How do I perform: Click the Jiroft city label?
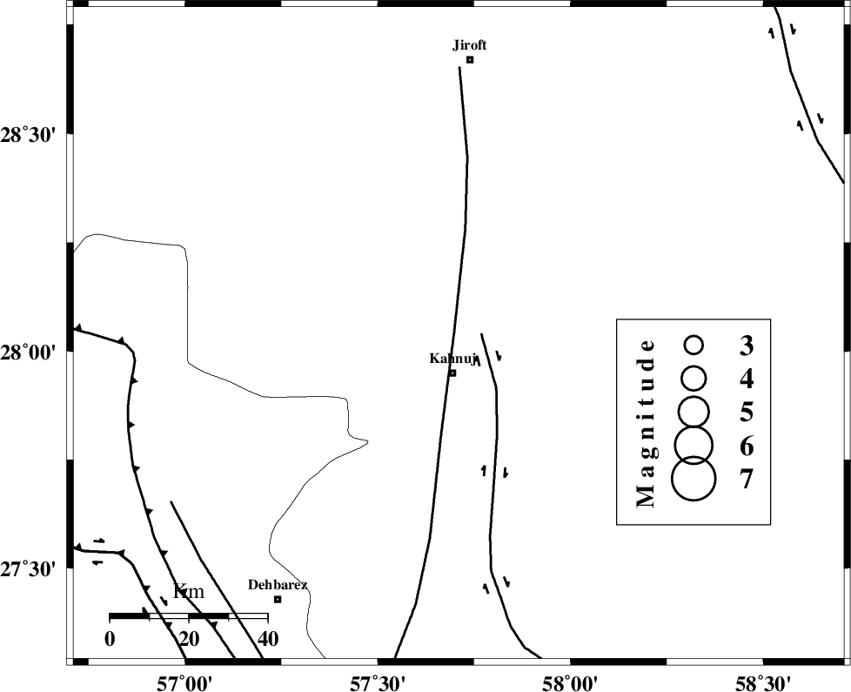click(x=470, y=45)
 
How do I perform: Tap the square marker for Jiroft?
click(x=470, y=60)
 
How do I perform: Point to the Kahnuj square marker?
click(x=452, y=373)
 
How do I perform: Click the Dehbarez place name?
click(x=278, y=585)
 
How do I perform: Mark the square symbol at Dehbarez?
click(x=278, y=599)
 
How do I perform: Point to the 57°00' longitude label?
click(x=185, y=682)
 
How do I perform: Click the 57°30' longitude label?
click(x=378, y=682)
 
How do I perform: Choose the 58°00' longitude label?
click(x=571, y=682)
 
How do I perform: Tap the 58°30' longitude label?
click(x=763, y=682)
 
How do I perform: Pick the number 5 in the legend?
click(x=747, y=413)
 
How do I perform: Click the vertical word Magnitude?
click(x=646, y=423)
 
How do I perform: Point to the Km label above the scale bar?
click(x=188, y=591)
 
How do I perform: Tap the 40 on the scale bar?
click(x=266, y=639)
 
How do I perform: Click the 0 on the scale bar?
click(x=110, y=639)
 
